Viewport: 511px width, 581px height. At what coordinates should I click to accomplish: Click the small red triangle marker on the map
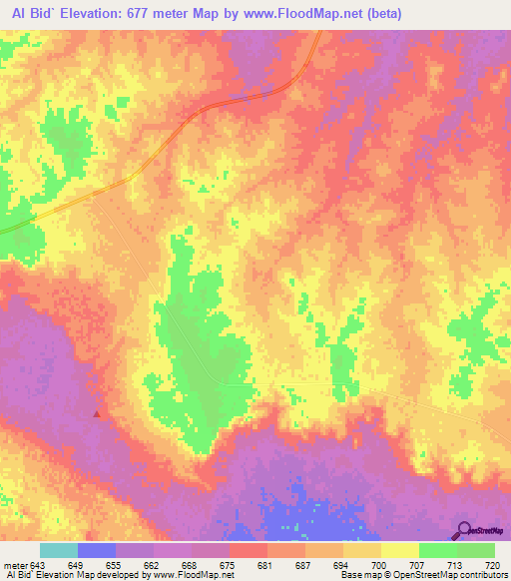(x=97, y=412)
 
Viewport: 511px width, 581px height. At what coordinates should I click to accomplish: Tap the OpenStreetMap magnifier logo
(x=464, y=529)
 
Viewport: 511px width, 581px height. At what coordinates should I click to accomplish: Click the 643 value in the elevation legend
(x=38, y=564)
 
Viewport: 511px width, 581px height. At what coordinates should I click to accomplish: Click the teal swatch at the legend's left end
(x=59, y=550)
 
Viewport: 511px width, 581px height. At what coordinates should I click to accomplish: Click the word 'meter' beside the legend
(x=14, y=564)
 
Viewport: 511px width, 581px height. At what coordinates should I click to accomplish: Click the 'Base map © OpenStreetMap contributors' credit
(x=420, y=576)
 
